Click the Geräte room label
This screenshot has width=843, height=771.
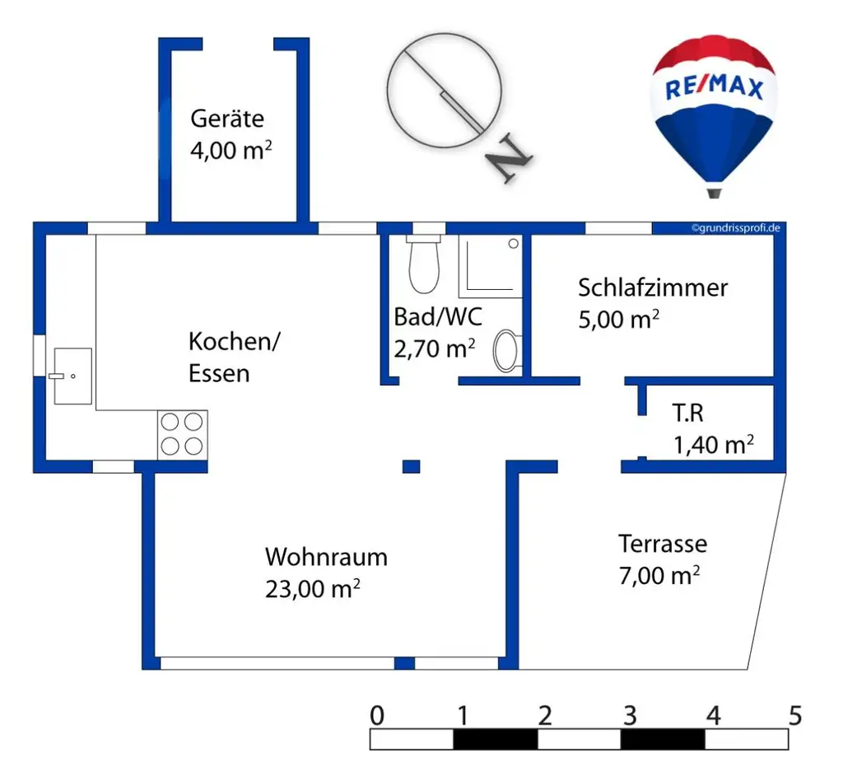(x=227, y=119)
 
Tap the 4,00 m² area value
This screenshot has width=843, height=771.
(x=231, y=152)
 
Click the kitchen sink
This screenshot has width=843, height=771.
(x=72, y=376)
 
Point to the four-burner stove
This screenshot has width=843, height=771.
(x=182, y=434)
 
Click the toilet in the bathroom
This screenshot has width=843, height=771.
(x=424, y=264)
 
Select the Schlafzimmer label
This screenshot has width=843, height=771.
(x=653, y=287)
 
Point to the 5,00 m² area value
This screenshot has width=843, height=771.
(x=618, y=320)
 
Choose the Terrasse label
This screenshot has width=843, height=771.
(x=663, y=544)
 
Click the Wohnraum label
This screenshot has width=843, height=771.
(x=326, y=557)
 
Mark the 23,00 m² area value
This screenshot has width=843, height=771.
(x=313, y=590)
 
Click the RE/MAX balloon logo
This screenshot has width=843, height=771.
(x=714, y=111)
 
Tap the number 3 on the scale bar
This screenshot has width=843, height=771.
(x=630, y=715)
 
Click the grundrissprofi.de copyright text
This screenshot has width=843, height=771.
(x=735, y=228)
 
